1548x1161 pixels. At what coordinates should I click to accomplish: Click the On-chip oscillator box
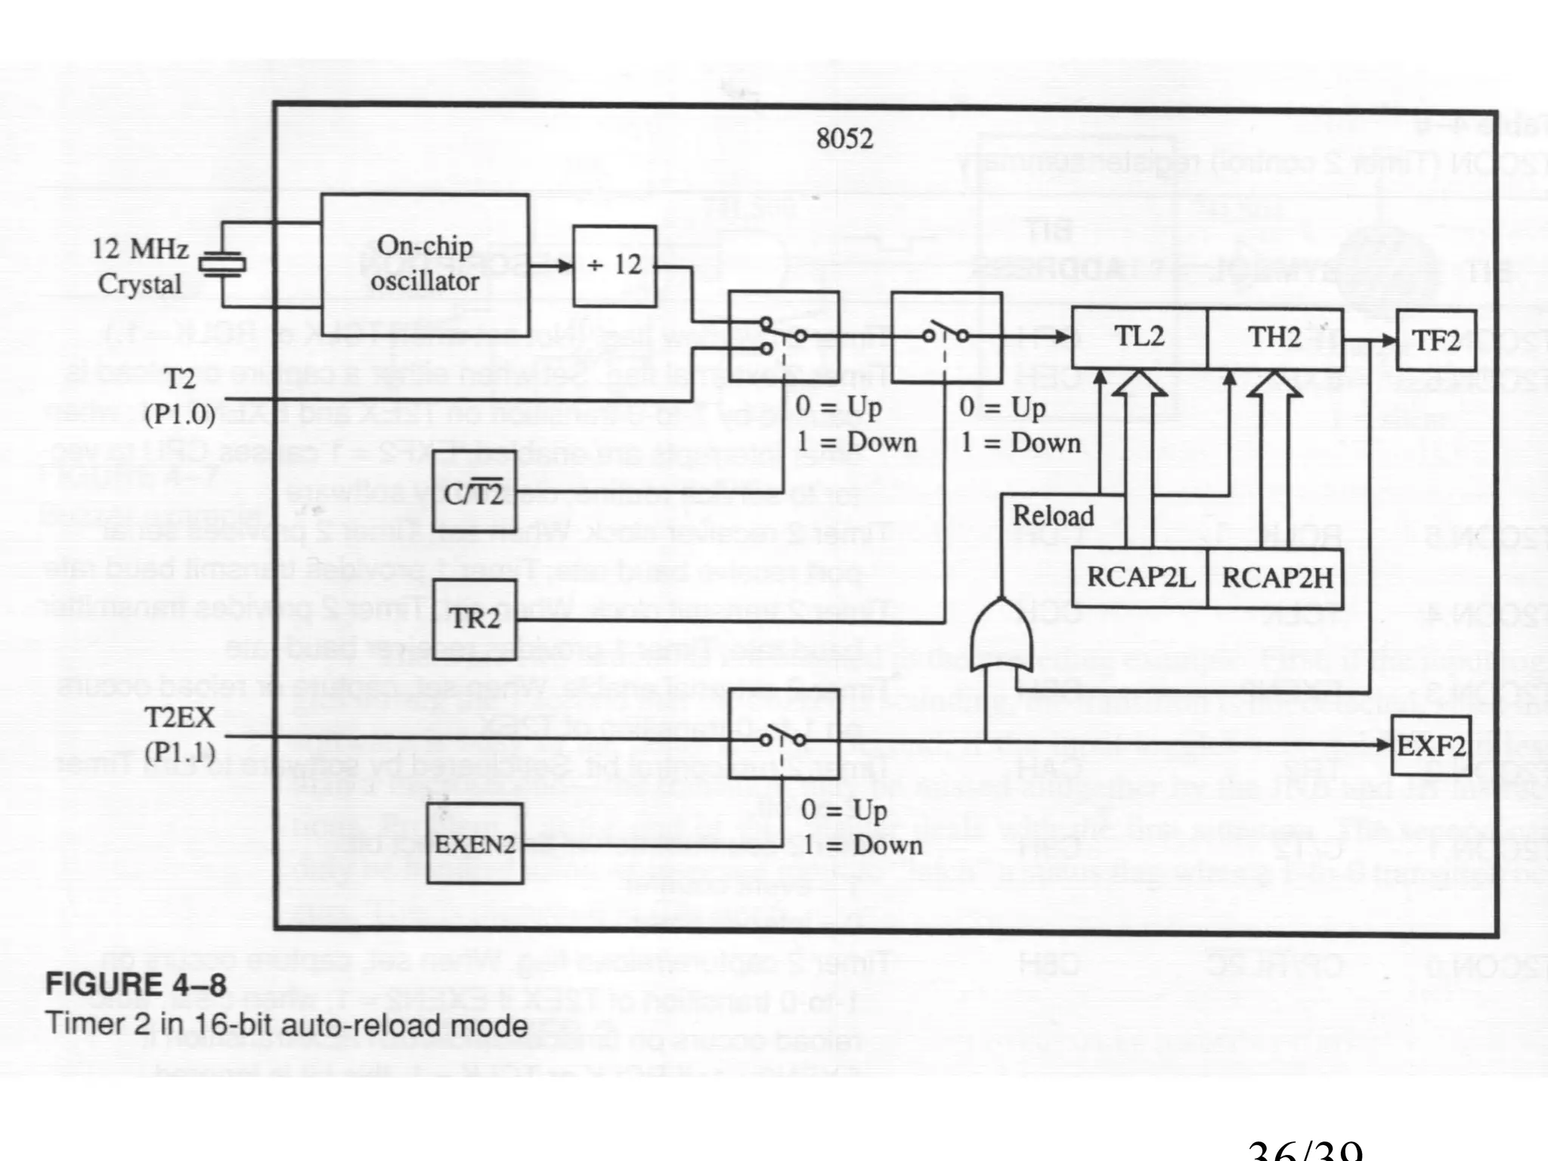pos(424,264)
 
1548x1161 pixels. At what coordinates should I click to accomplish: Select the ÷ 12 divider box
pos(614,266)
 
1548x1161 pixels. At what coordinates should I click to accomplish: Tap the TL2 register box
pos(1139,337)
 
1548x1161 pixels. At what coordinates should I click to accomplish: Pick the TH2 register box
pos(1274,337)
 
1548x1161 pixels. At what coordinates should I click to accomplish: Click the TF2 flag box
pos(1435,340)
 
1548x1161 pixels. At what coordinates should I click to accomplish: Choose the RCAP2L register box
pos(1140,578)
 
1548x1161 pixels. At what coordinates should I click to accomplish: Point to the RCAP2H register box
pos(1276,578)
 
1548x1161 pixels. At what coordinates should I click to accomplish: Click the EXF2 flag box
pos(1431,745)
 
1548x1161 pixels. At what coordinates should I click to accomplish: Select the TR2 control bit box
pos(475,620)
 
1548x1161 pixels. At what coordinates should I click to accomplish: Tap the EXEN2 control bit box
pos(475,844)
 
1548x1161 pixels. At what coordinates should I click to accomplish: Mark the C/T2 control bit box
pos(474,492)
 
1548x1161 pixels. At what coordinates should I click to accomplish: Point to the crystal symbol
pos(221,264)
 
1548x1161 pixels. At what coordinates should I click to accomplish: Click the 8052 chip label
pos(844,139)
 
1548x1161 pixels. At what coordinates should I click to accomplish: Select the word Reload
pos(1053,516)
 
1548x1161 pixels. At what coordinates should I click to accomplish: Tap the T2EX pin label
pos(179,717)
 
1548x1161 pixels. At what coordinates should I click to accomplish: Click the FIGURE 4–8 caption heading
pos(136,985)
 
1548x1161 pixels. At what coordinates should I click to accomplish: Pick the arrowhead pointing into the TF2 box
pos(1388,340)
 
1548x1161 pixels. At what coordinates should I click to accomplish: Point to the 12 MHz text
pos(140,249)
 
